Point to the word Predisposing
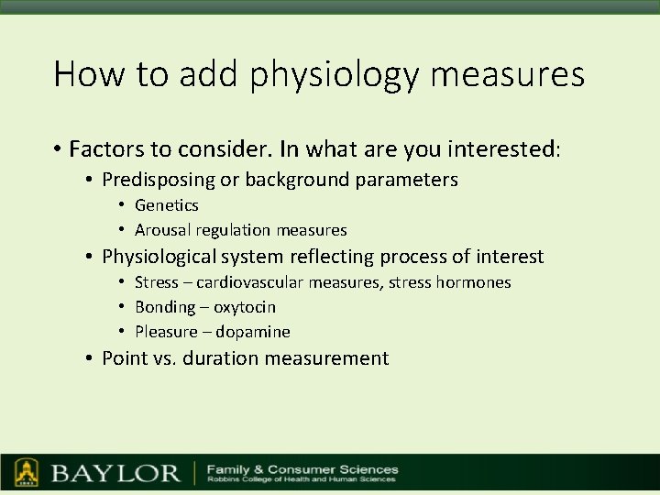tap(157, 180)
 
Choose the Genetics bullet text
tap(166, 205)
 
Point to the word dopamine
tap(252, 332)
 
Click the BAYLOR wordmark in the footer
tap(115, 474)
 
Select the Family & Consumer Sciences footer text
tap(302, 468)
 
